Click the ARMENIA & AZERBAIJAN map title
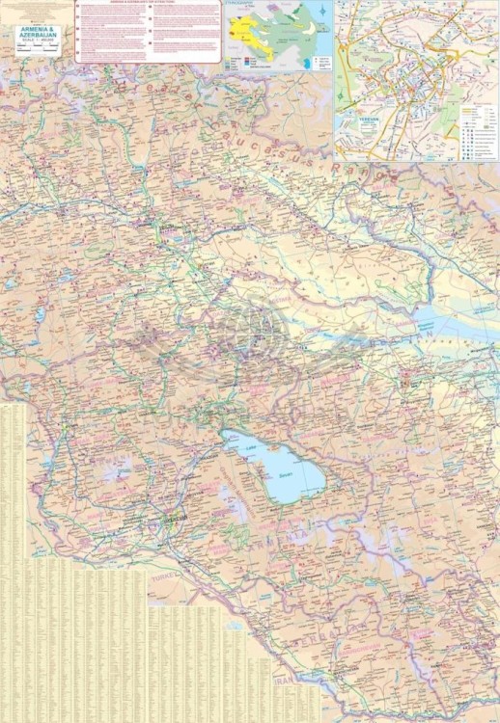[36, 35]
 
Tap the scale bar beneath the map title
[36, 48]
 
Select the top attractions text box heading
[148, 4]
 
